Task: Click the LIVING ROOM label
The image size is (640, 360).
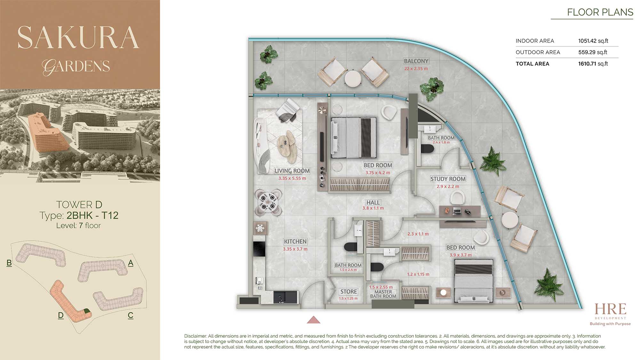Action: point(292,171)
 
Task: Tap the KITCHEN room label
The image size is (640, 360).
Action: point(295,242)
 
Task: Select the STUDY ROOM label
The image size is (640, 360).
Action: point(448,179)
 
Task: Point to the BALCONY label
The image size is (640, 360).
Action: point(416,61)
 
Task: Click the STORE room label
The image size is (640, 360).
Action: point(348,292)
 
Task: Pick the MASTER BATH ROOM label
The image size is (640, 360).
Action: point(383,294)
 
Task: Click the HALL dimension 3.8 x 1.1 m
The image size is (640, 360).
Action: point(373,208)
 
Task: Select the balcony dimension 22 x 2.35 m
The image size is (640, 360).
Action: point(416,68)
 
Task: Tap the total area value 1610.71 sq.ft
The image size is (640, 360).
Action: point(593,64)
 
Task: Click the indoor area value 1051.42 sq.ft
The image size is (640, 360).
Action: point(593,41)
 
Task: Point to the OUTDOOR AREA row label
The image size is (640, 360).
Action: point(538,52)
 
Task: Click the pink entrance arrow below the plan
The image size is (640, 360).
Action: point(314,320)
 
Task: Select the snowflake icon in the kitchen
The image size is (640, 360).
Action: point(260,228)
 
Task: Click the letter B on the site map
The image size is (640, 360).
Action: point(9,263)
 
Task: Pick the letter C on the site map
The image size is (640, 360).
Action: point(131,315)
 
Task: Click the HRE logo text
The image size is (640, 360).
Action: point(610,309)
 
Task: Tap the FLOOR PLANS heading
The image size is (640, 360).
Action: point(600,12)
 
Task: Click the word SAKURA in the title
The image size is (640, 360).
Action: point(78,37)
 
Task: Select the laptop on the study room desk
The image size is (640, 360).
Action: point(457,211)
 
